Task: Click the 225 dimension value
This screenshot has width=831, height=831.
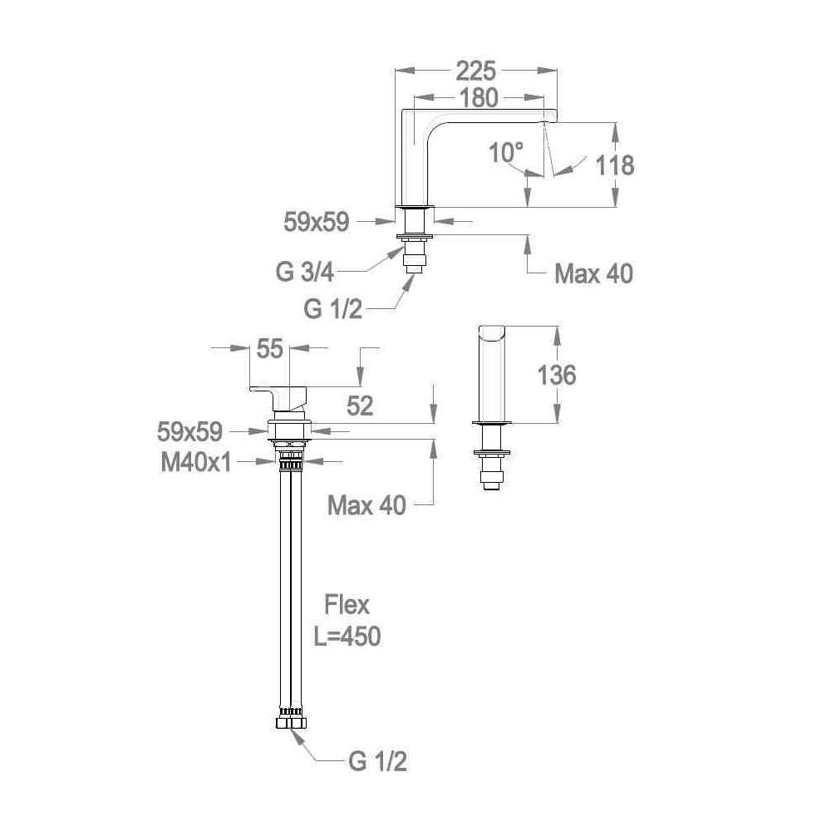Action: point(475,71)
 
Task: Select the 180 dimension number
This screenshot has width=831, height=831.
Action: point(479,98)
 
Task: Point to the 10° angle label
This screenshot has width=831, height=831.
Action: point(506,153)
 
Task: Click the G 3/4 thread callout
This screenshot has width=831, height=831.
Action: point(305,273)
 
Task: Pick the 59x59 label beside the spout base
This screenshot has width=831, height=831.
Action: point(317,223)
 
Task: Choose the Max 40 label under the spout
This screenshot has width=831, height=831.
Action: point(593,274)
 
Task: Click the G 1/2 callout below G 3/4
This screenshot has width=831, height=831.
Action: point(333,308)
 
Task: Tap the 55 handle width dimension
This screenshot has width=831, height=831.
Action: point(270,349)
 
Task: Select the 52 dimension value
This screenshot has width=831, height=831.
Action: point(360,406)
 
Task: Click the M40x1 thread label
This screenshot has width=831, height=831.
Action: point(197,463)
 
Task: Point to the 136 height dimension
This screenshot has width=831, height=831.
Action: point(557,376)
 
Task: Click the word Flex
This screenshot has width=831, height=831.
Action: point(347,605)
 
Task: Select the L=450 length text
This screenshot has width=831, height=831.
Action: point(347,637)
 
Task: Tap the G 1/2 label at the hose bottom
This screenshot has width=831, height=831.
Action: point(378,761)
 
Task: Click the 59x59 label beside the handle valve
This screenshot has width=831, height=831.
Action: point(189,432)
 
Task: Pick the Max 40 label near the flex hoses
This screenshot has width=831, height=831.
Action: point(366,505)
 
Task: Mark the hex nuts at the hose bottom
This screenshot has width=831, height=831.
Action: point(291,724)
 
